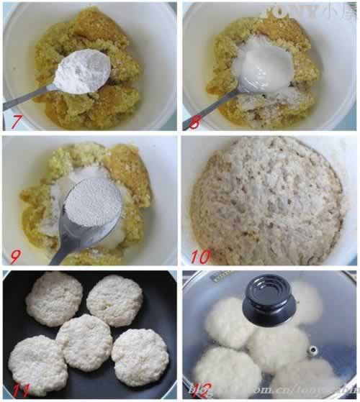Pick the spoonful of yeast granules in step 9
point(94,209)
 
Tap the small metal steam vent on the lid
point(312,350)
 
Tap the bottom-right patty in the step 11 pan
point(140,357)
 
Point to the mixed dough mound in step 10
point(266,201)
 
